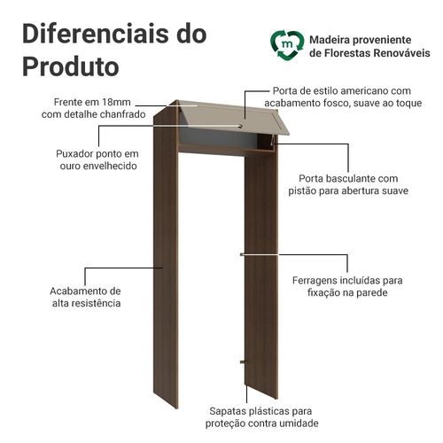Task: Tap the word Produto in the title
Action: tap(71, 66)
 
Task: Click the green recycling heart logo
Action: tap(287, 44)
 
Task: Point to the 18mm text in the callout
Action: tap(116, 102)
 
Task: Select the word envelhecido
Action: tap(110, 166)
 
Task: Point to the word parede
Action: tap(372, 293)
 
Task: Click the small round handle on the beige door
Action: tap(241, 127)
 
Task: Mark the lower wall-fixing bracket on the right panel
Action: tap(243, 361)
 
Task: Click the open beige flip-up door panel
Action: tap(233, 118)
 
